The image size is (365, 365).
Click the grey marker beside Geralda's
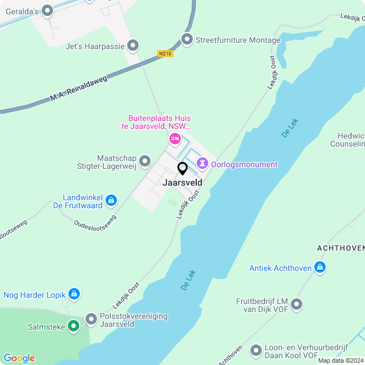(47, 10)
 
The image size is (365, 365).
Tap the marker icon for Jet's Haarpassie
(133, 44)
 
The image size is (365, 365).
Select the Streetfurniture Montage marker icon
(186, 39)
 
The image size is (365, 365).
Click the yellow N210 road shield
(165, 54)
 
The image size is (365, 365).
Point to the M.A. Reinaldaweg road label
(78, 88)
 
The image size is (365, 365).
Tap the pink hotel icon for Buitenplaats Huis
(175, 139)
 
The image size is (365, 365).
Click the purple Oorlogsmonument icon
(202, 164)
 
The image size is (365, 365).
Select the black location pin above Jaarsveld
(182, 168)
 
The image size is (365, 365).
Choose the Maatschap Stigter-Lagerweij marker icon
(145, 161)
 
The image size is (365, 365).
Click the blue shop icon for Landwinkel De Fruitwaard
(111, 200)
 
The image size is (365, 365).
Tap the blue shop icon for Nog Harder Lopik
(74, 294)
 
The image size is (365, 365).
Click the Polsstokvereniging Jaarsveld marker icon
(91, 319)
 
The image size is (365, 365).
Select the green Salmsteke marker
(73, 326)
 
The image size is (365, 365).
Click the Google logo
(19, 358)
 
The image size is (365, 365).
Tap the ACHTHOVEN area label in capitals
(340, 248)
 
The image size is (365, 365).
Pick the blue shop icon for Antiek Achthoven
(321, 267)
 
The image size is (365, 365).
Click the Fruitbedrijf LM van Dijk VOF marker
(296, 305)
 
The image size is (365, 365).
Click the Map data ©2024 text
(340, 360)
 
